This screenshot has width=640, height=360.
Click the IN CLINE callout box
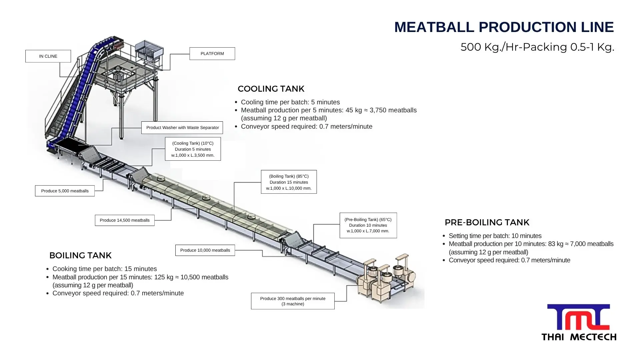tap(48, 56)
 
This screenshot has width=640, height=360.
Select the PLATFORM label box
tap(212, 54)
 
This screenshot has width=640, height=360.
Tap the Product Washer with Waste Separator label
tap(182, 128)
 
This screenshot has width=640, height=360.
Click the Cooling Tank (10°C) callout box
tap(193, 149)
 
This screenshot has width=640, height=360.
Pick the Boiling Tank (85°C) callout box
tap(289, 182)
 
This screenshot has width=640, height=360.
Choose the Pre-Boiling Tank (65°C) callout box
tap(368, 225)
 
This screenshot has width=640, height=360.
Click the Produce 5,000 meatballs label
tap(65, 191)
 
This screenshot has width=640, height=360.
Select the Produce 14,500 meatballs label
tap(125, 220)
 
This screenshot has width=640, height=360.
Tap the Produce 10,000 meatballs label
tap(205, 250)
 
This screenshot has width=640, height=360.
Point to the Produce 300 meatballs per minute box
tap(293, 301)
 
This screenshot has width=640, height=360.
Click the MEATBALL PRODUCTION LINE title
tap(504, 27)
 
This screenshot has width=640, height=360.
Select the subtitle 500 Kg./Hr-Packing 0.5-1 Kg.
tap(537, 47)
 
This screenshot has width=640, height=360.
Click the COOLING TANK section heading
tap(271, 89)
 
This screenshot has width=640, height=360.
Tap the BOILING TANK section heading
tap(80, 256)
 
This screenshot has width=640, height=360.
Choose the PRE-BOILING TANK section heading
tap(487, 223)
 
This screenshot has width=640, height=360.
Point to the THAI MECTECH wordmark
tap(579, 337)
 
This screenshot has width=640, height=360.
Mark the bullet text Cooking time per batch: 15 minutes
tap(105, 269)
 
